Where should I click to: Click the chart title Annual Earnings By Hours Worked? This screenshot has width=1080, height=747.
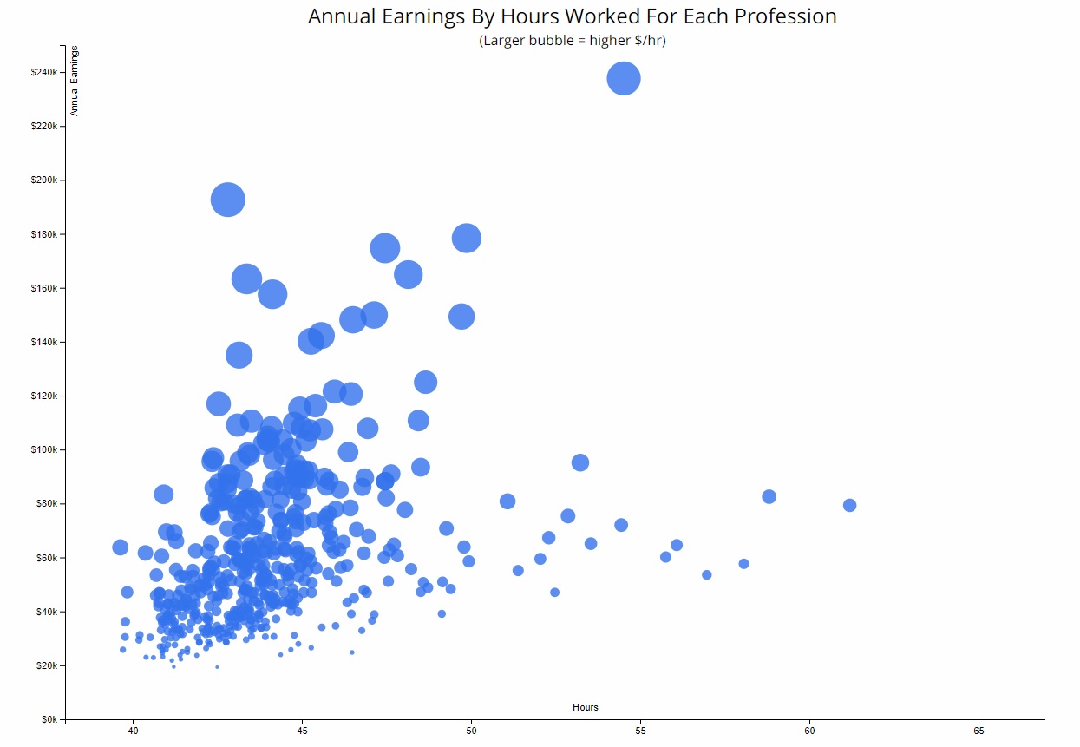tap(572, 16)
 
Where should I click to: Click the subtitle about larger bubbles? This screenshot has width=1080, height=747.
tap(572, 41)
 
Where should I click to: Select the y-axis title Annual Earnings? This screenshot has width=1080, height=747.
tap(75, 82)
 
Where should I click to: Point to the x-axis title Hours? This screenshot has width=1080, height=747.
tap(585, 707)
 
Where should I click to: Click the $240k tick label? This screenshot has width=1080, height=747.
tap(43, 73)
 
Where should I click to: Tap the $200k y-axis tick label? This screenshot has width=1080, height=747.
tap(43, 180)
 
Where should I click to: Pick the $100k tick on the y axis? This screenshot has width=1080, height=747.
tap(43, 450)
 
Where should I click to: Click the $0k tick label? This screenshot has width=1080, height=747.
tap(47, 720)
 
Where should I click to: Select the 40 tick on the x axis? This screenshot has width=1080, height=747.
tap(134, 731)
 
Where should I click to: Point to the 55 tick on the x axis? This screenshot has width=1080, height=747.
tap(640, 731)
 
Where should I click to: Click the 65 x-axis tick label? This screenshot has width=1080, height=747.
tap(979, 731)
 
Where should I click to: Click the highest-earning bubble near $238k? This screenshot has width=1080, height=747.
tap(624, 79)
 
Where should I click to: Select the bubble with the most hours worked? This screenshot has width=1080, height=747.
tap(849, 505)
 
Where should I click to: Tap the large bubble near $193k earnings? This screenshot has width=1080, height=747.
tap(228, 200)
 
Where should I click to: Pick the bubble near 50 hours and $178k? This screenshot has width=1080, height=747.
tap(467, 238)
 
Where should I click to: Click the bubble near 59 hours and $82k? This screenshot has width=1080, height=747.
tap(769, 496)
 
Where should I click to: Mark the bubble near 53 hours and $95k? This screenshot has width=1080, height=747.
tap(580, 462)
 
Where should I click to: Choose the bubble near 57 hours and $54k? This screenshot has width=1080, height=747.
tap(706, 574)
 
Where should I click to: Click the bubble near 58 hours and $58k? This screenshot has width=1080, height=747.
tap(743, 564)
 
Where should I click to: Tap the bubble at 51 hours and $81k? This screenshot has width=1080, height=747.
tap(507, 501)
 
